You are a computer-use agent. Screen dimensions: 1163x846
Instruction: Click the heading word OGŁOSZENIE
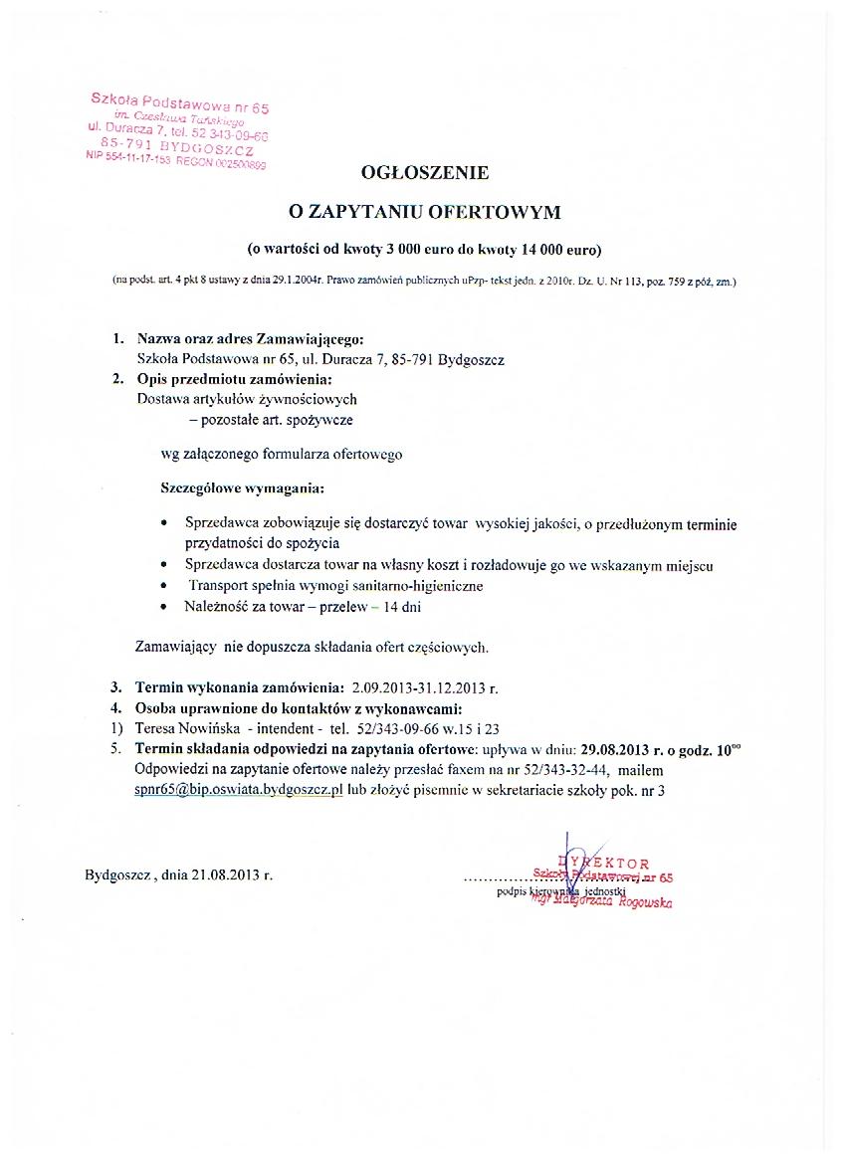425,172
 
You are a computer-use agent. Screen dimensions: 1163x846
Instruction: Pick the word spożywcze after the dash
319,420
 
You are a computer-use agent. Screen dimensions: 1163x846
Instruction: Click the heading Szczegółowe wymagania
242,488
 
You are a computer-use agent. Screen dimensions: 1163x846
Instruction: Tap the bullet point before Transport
165,587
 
